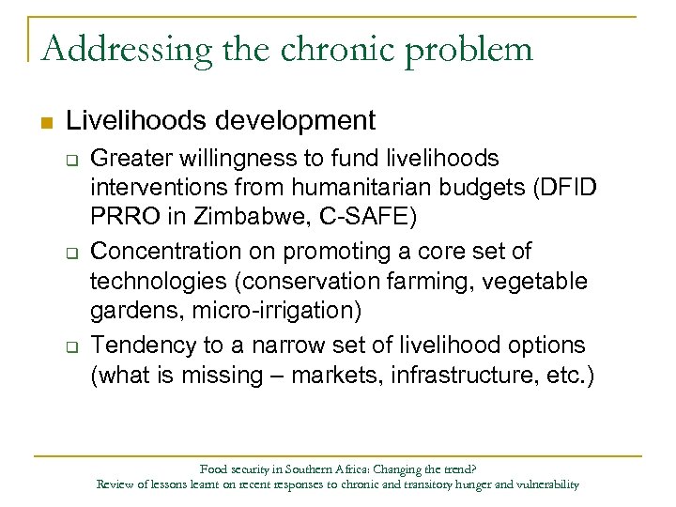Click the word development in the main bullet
(x=302, y=120)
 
